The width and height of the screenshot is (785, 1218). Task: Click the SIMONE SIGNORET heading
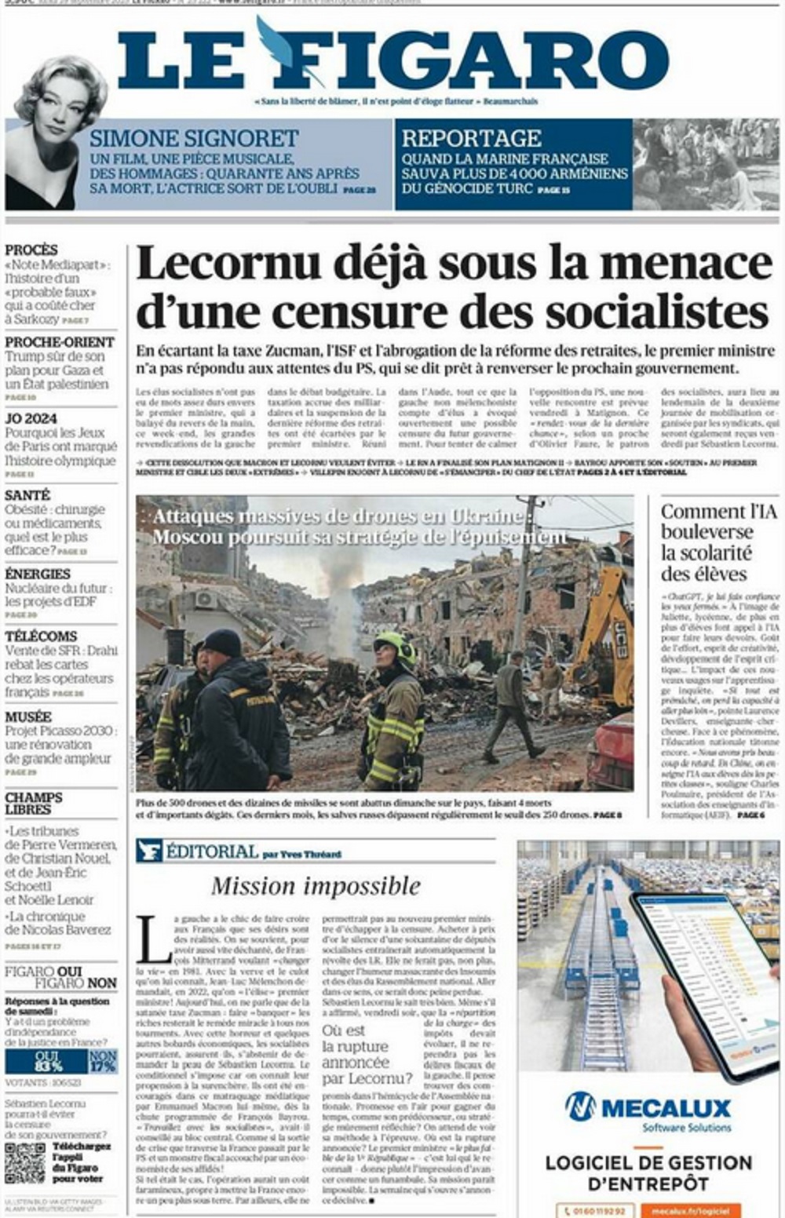pyautogui.click(x=193, y=139)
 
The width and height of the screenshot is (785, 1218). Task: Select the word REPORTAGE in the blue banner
pyautogui.click(x=471, y=139)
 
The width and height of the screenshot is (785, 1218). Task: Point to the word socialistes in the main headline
pyautogui.click(x=654, y=312)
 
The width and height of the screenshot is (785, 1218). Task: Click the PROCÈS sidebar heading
pyautogui.click(x=31, y=250)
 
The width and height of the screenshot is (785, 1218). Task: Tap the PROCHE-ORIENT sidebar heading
pyautogui.click(x=60, y=342)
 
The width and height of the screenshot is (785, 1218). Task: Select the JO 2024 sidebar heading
pyautogui.click(x=31, y=419)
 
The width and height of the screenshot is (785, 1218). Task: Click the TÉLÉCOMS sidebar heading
pyautogui.click(x=41, y=636)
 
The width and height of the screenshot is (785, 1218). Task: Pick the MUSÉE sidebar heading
pyautogui.click(x=28, y=717)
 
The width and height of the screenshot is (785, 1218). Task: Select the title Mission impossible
pyautogui.click(x=316, y=887)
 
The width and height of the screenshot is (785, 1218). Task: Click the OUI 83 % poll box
pyautogui.click(x=48, y=1062)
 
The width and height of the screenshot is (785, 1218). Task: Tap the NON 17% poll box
pyautogui.click(x=103, y=1062)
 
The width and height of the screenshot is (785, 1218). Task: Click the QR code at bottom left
pyautogui.click(x=25, y=1163)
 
